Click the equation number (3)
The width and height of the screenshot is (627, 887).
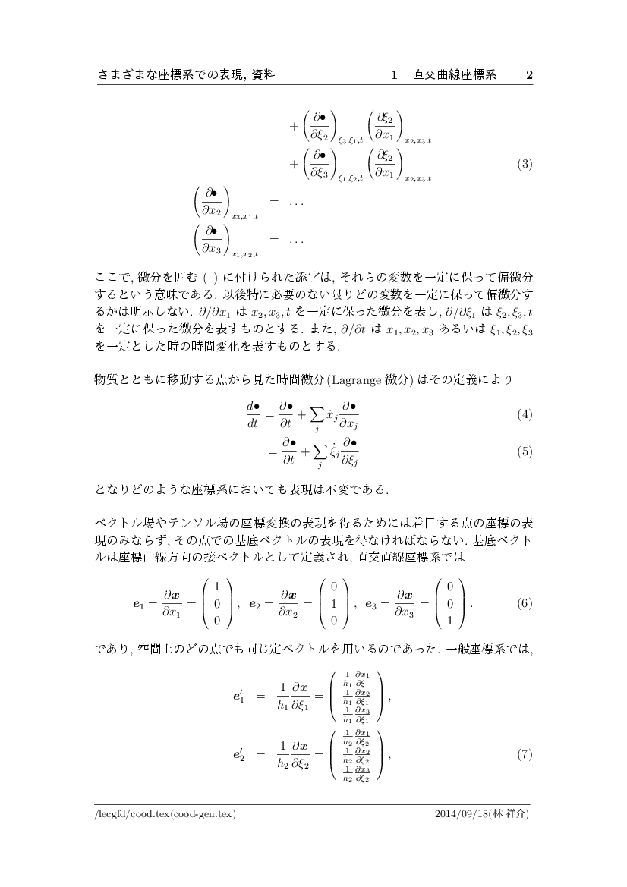[x=524, y=163]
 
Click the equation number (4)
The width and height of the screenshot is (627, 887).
[x=524, y=415]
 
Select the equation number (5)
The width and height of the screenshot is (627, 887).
[x=524, y=451]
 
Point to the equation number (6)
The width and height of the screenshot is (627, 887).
[x=524, y=604]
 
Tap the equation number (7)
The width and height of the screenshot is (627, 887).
[x=524, y=755]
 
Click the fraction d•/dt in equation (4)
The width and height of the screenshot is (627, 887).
[x=253, y=415]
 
